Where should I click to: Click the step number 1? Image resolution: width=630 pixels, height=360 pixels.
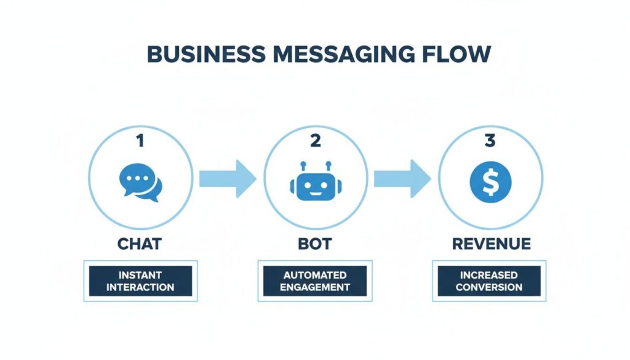[140, 141]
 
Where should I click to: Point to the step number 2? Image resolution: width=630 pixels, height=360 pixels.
[315, 141]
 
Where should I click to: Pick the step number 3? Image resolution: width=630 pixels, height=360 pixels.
[490, 141]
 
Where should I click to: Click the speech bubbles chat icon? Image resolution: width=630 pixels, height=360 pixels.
[140, 183]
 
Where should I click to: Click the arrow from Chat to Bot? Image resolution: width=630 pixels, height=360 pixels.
[227, 178]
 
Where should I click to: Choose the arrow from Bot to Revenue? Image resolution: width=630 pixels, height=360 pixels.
[402, 178]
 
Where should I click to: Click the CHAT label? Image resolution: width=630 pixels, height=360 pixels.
[140, 244]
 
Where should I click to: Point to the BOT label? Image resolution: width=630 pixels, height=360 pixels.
[315, 244]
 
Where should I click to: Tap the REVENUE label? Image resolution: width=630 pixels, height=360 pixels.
[490, 244]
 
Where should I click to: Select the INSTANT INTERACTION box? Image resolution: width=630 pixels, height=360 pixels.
[140, 281]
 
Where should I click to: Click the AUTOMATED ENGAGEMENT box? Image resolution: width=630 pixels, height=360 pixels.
[315, 281]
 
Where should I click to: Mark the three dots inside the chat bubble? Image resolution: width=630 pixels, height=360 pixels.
[137, 178]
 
